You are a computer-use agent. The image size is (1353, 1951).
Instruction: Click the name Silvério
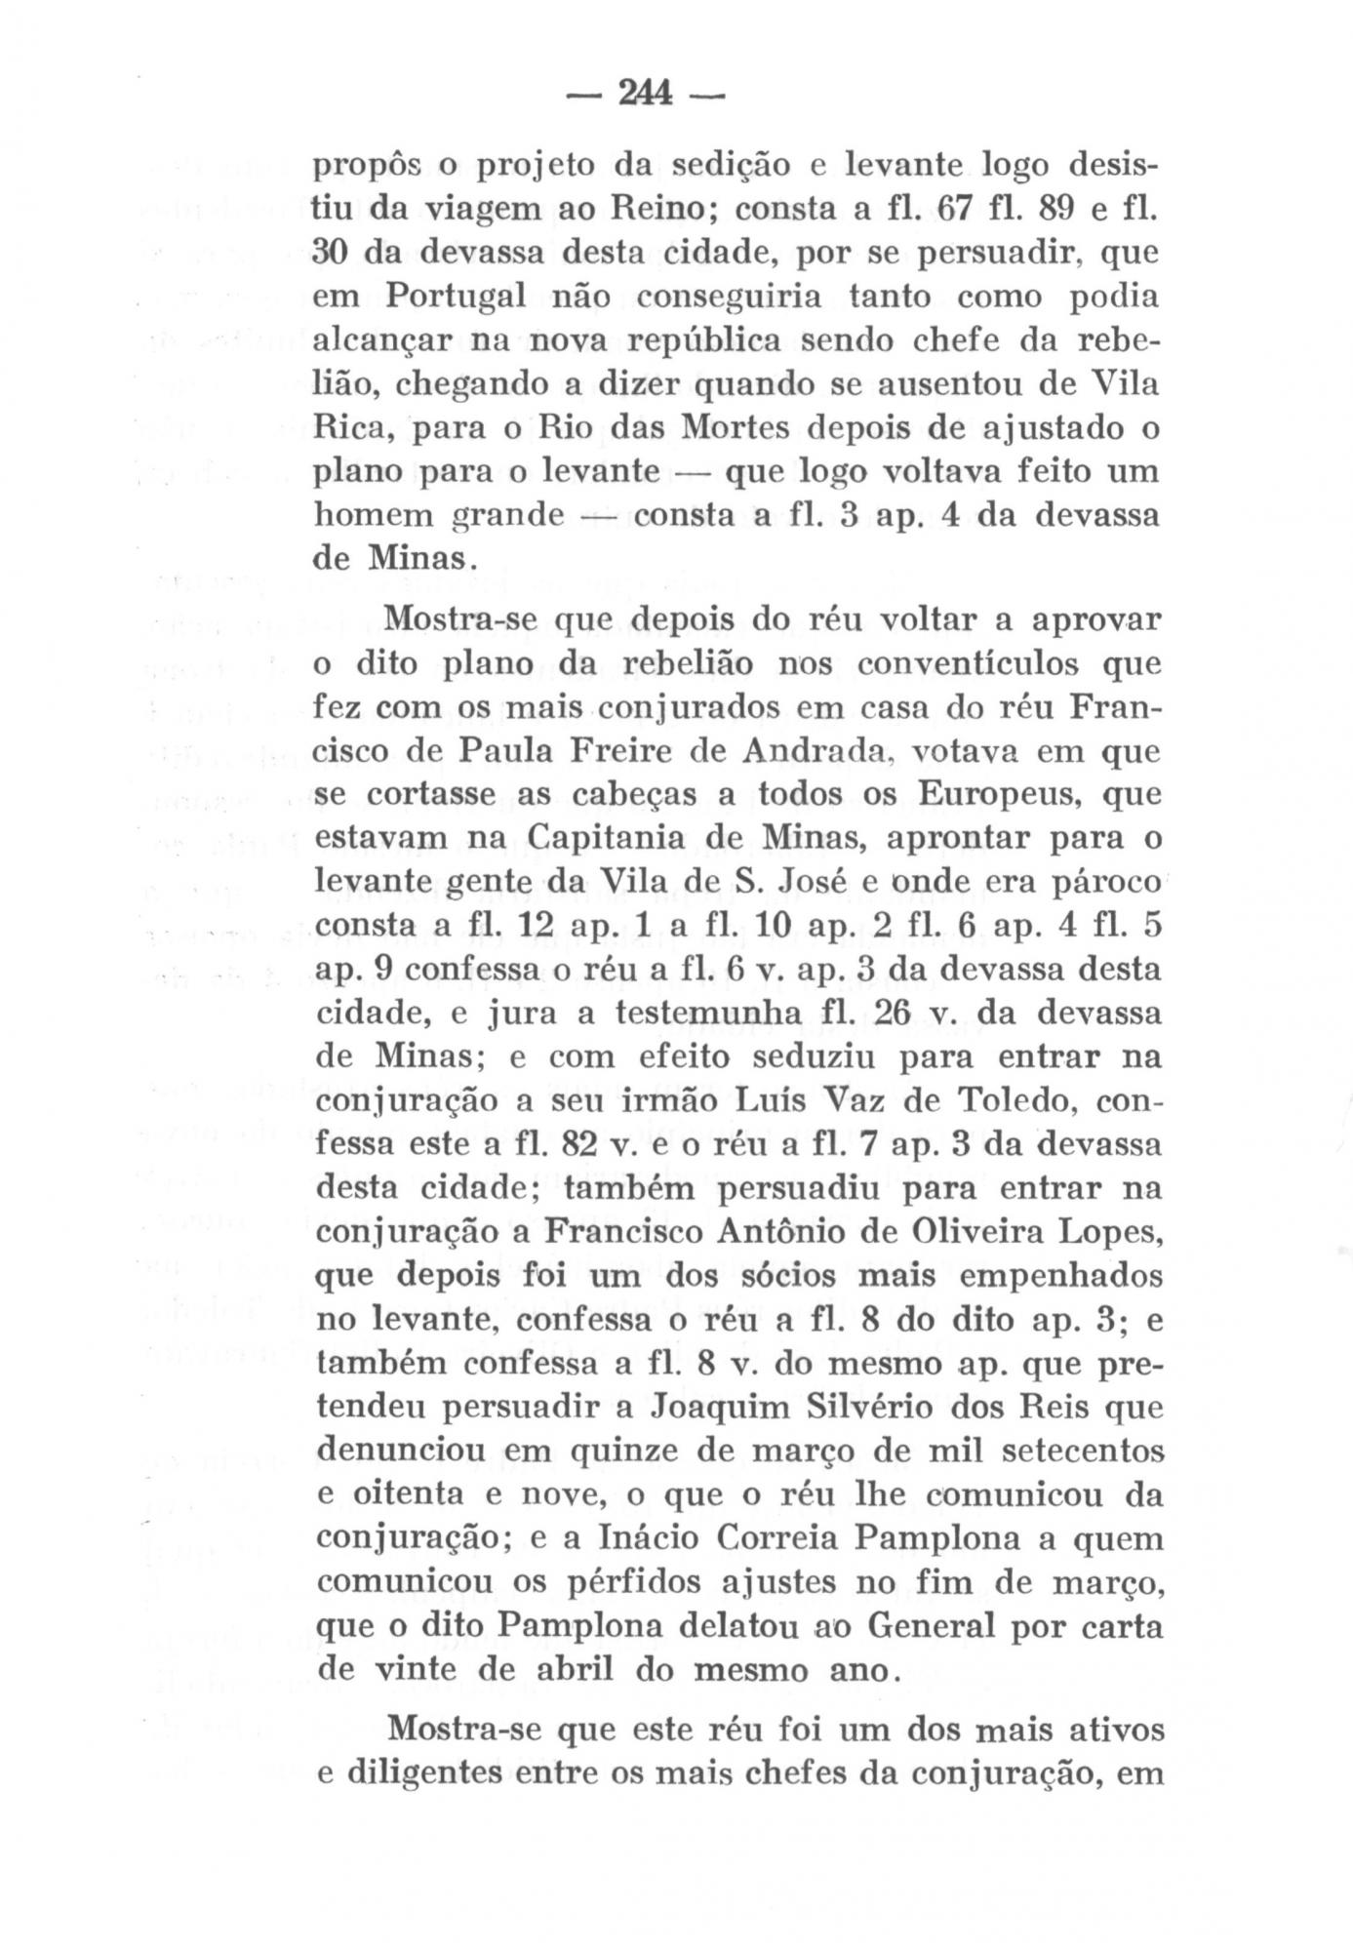814,1408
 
